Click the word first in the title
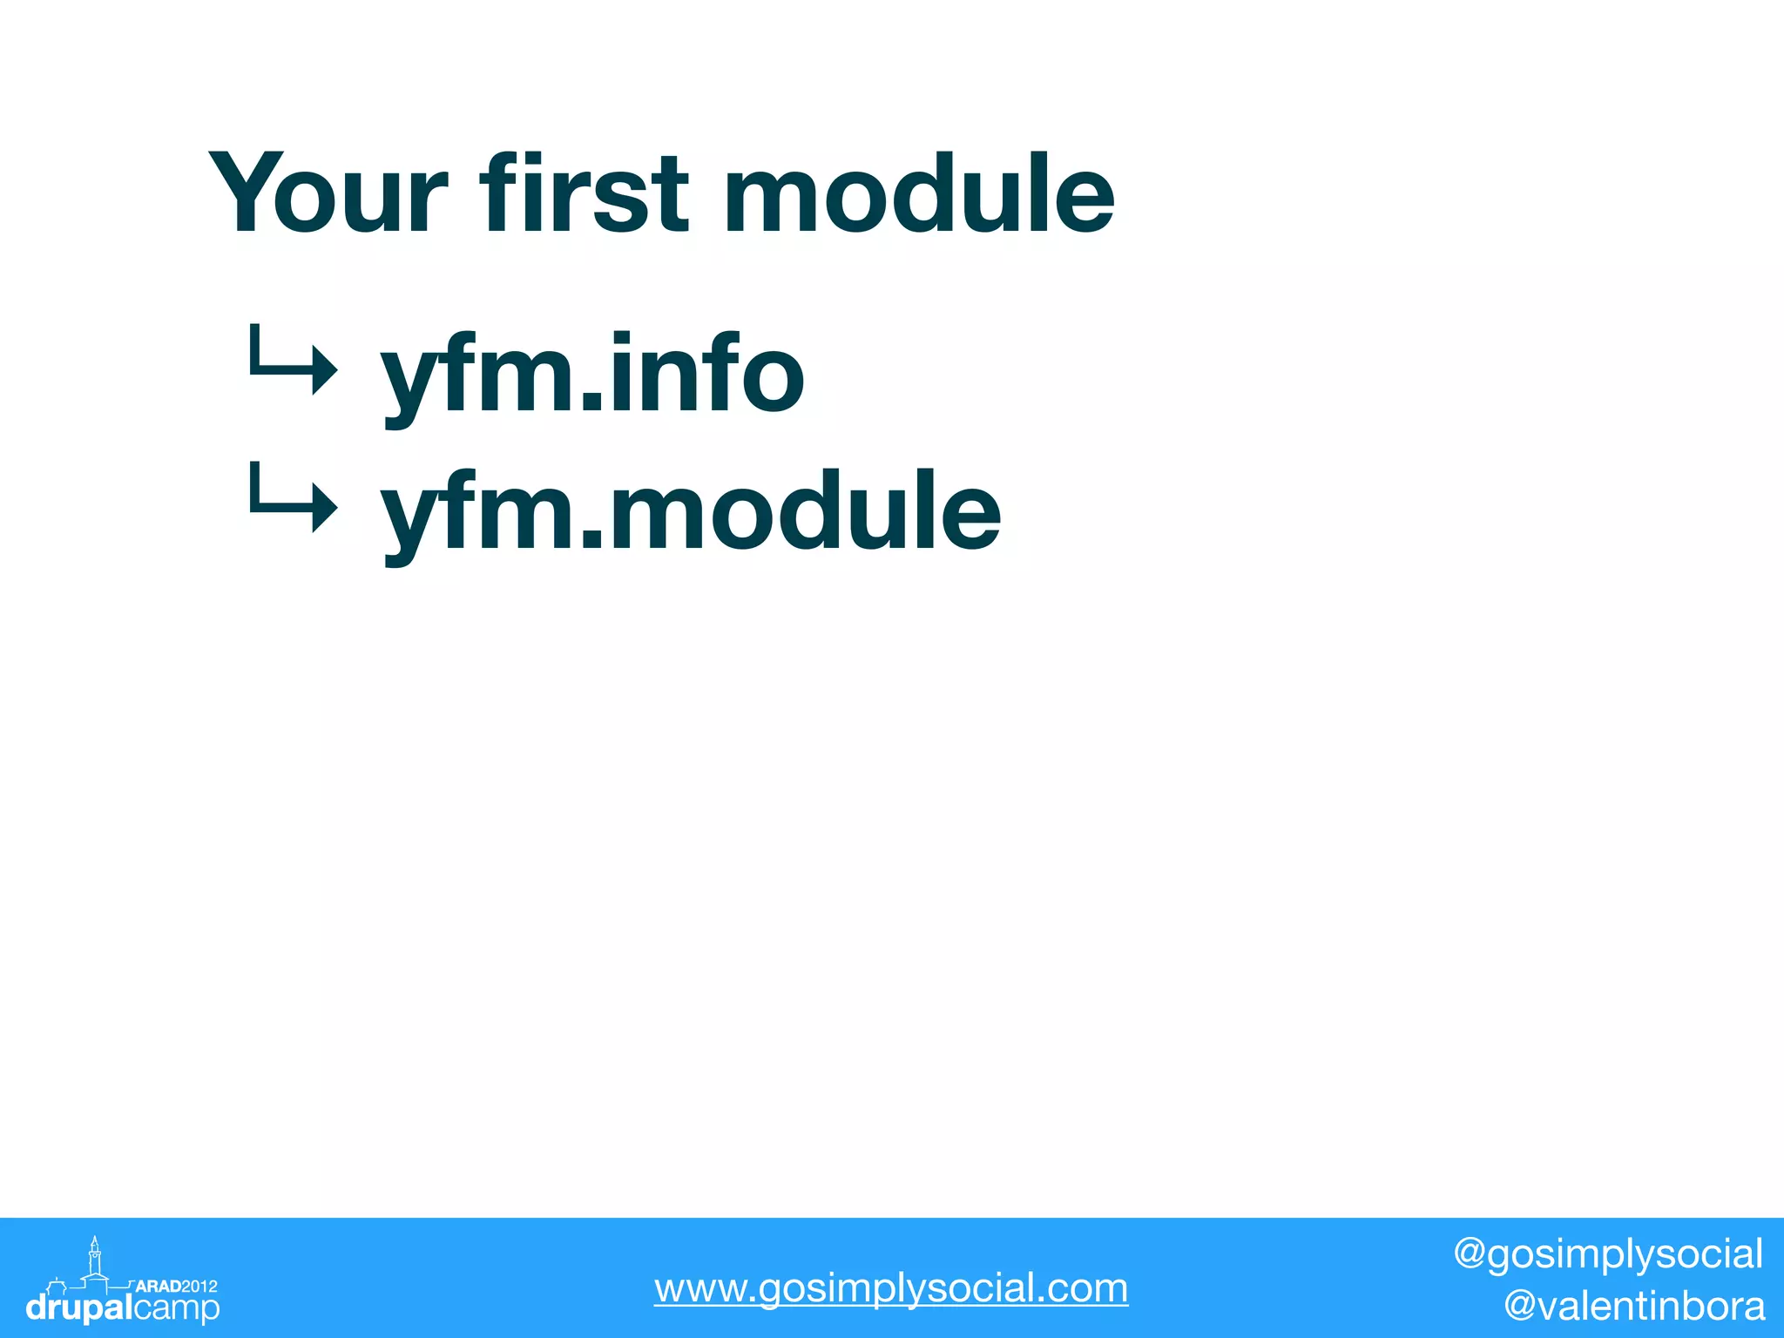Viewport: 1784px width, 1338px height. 585,193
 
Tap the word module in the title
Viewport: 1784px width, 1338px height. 919,193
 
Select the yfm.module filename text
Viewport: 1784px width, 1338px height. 691,514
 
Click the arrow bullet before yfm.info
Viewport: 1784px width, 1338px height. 291,360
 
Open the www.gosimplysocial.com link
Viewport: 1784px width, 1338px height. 890,1287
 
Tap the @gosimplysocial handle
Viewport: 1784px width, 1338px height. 1607,1254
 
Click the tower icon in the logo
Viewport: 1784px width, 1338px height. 95,1259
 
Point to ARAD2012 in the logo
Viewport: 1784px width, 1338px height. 177,1286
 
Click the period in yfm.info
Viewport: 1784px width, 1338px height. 591,401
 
